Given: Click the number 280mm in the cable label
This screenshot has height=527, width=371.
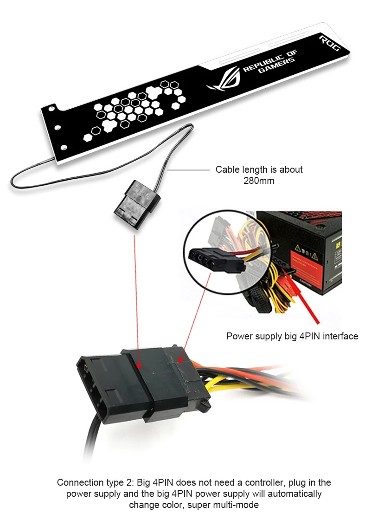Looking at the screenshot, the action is tap(259, 181).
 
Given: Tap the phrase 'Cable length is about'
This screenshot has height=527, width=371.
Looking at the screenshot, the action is tap(259, 169).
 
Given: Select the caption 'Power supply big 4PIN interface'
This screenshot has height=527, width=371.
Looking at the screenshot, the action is tap(292, 336).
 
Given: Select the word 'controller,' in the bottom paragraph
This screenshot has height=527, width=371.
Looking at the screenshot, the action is tap(265, 483).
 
